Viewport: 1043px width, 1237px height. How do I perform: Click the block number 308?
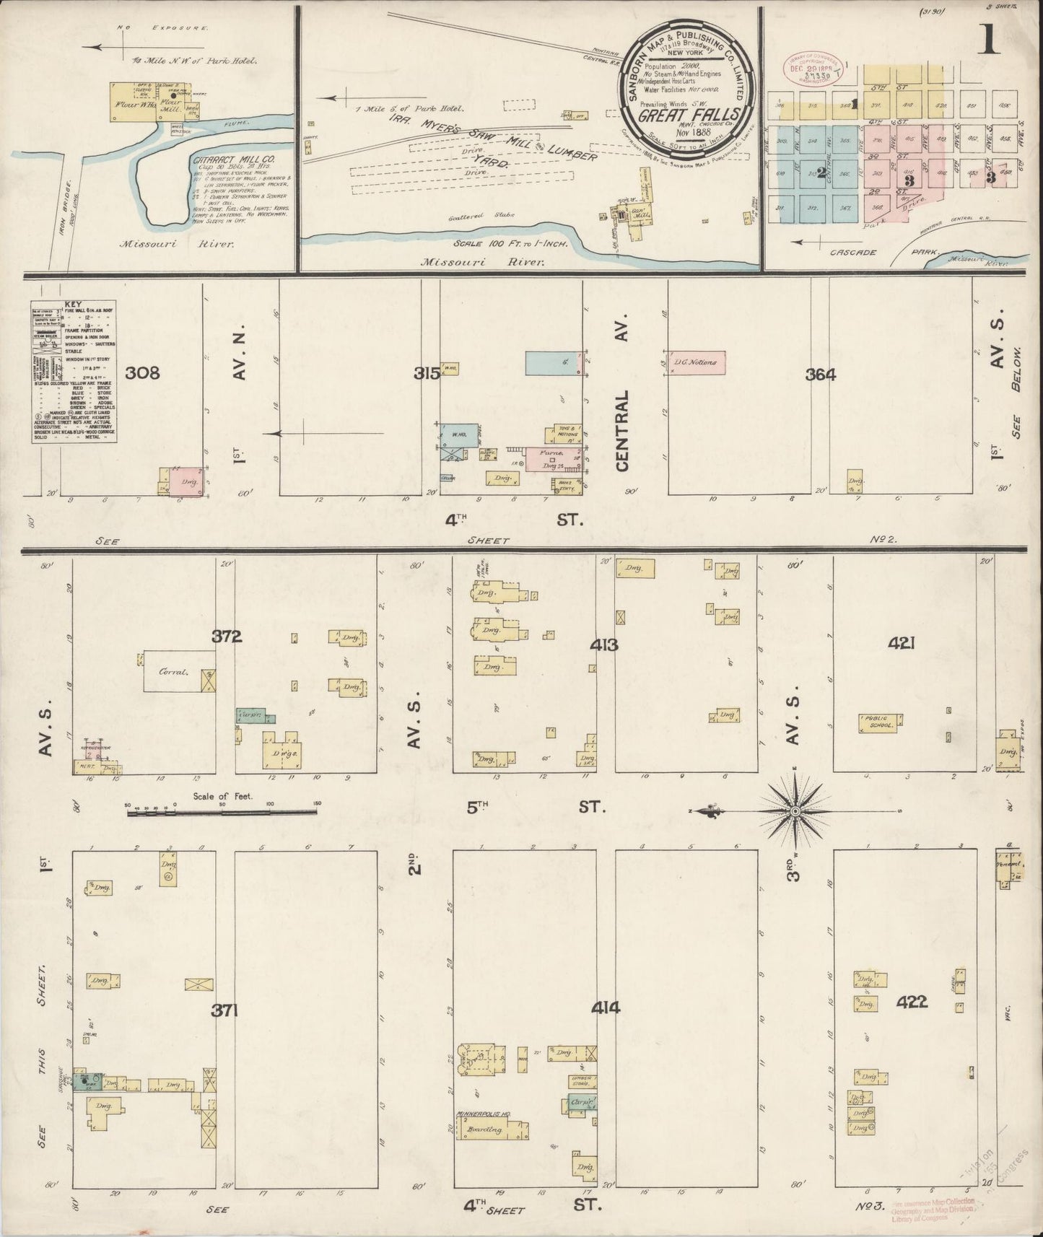[142, 373]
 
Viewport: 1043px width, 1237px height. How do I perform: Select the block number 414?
[605, 1007]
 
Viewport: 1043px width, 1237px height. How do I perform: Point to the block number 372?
[227, 637]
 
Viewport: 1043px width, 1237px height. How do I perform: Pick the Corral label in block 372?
[174, 671]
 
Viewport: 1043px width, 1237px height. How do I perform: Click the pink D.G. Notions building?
[697, 362]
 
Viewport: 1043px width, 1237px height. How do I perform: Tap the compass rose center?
[795, 811]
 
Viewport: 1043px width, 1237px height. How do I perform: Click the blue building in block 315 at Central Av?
[554, 363]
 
